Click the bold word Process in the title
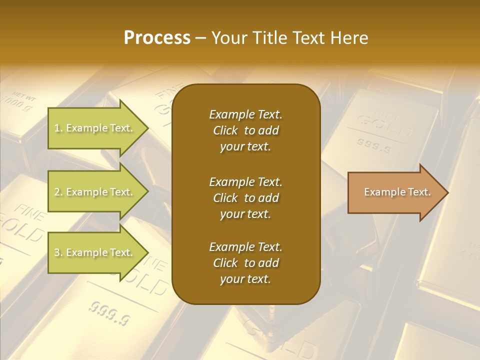tap(157, 38)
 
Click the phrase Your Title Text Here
tap(290, 38)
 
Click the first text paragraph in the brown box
tap(245, 130)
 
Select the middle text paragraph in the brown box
tap(245, 197)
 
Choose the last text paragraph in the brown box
tap(245, 263)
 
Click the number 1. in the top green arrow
tap(58, 128)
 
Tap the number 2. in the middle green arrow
tap(58, 192)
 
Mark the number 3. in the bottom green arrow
tap(58, 252)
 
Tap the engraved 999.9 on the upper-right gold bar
tap(374, 145)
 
